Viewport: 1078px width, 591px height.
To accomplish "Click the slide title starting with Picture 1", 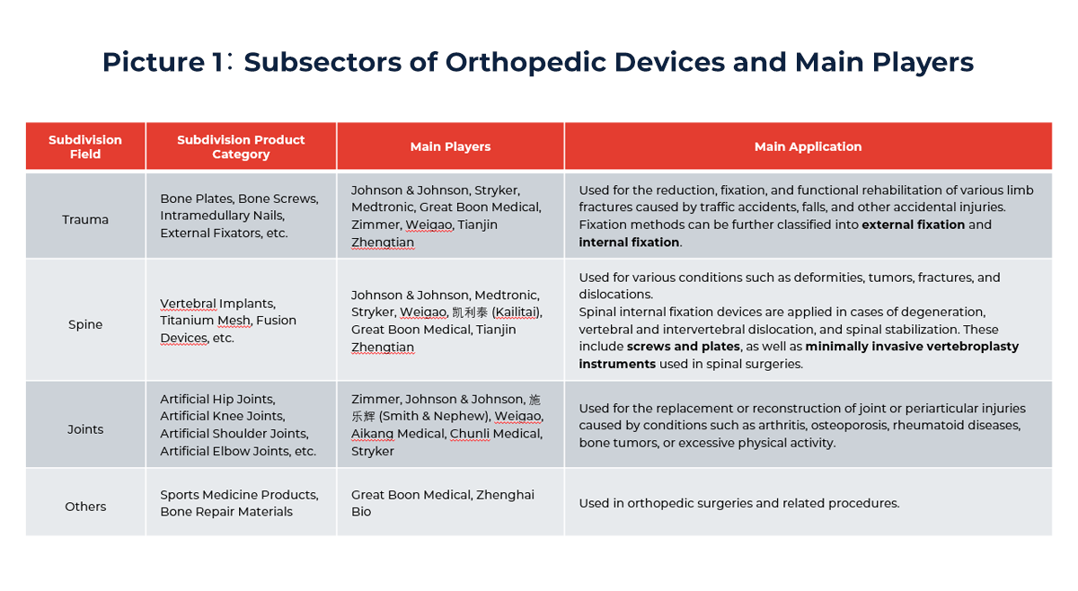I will coord(537,62).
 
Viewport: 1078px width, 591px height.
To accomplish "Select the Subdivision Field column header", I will coord(85,146).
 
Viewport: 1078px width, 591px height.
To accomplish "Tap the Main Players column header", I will coord(450,146).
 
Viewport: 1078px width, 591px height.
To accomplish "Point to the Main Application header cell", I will coord(808,146).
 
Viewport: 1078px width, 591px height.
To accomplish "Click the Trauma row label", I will coord(85,219).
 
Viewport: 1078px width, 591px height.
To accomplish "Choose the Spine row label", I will coord(85,324).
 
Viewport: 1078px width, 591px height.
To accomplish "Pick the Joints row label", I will coord(85,429).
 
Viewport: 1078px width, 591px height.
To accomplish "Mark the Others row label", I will coord(85,507).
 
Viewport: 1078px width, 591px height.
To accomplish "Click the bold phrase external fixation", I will coord(914,225).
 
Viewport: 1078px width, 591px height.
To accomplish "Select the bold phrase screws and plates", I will coord(684,347).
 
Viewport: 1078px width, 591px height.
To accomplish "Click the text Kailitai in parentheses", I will coord(517,312).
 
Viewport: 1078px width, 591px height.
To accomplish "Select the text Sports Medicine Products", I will coord(239,494).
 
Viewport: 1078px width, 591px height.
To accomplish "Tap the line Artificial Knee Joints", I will coord(222,416).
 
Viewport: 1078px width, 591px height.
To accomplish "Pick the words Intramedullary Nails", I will coord(222,216).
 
